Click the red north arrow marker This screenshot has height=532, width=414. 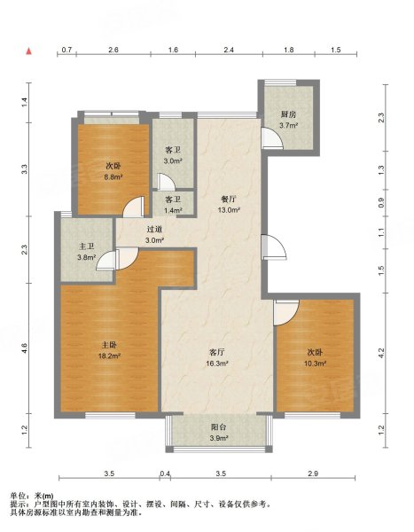tap(29, 51)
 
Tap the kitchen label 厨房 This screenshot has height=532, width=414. tap(288, 114)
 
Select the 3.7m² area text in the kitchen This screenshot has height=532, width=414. tap(288, 126)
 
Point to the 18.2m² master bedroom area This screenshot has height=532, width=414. tap(109, 356)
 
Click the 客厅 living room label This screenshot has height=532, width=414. tap(217, 352)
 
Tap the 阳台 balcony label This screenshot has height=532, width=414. tap(219, 427)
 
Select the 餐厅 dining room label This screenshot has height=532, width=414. tap(229, 199)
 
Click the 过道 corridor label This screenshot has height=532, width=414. tap(155, 230)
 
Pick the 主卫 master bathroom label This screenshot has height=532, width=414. tap(86, 246)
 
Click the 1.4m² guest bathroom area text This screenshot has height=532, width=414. tap(173, 210)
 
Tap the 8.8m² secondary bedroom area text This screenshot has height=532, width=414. tap(113, 176)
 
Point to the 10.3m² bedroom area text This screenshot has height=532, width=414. tap(315, 364)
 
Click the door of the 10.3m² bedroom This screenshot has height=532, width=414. tap(286, 312)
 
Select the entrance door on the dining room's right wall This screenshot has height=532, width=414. tap(273, 247)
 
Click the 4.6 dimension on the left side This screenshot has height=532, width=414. tap(25, 348)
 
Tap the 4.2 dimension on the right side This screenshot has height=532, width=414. tap(381, 354)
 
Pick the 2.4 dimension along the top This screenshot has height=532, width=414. tap(229, 50)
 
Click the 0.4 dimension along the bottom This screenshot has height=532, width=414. tap(165, 473)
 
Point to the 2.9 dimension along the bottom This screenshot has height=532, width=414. tap(313, 473)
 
